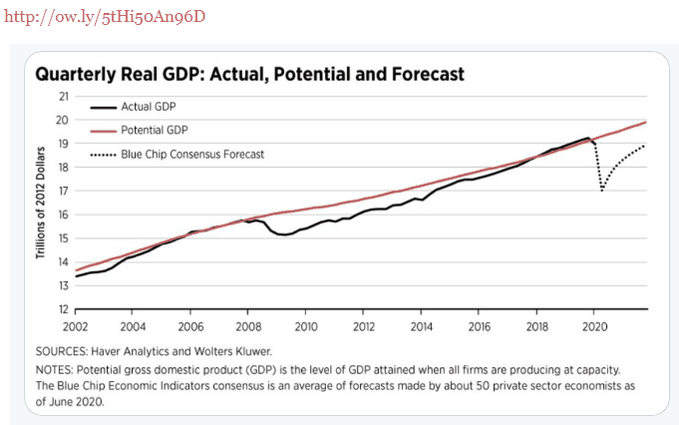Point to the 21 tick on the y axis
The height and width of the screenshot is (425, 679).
(63, 97)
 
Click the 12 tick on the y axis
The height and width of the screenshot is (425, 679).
(63, 310)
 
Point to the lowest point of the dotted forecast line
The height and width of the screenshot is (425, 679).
(602, 191)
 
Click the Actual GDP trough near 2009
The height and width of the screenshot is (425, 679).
(284, 235)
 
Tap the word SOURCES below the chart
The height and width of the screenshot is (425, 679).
(64, 352)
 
